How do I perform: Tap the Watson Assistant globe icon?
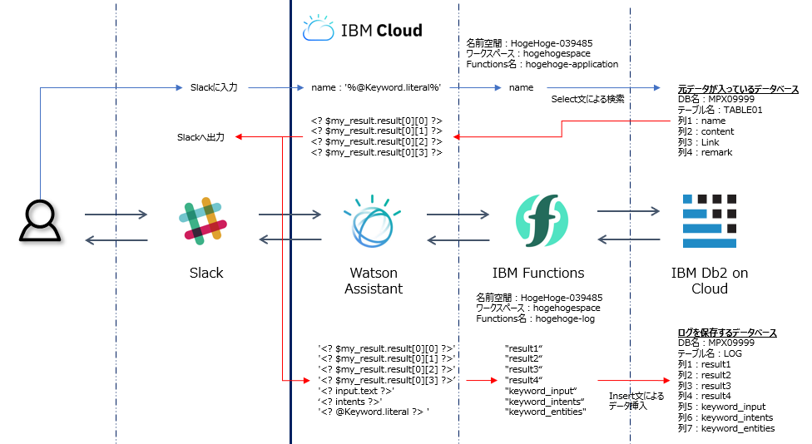(x=373, y=221)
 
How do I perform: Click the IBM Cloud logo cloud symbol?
(x=318, y=29)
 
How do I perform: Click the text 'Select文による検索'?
(x=587, y=100)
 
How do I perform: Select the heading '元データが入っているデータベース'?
(x=738, y=89)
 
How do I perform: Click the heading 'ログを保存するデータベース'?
(x=728, y=333)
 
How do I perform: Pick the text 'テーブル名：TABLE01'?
(x=720, y=110)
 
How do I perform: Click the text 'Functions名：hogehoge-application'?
(x=542, y=64)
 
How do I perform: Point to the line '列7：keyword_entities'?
(x=725, y=428)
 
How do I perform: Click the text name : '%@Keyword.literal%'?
(x=375, y=87)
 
